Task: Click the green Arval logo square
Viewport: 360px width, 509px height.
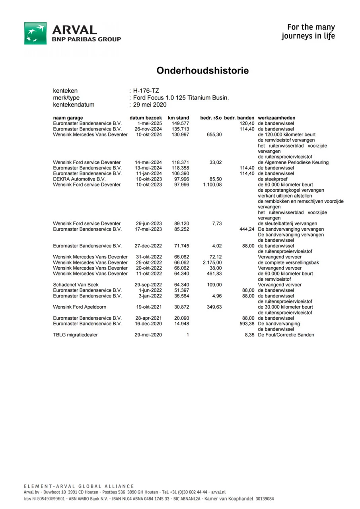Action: (35, 33)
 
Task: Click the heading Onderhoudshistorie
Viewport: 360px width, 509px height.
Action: (202, 71)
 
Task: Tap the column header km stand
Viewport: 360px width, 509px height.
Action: (178, 118)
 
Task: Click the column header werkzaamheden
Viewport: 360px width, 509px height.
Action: (276, 118)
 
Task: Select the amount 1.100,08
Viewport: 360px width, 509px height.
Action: (212, 185)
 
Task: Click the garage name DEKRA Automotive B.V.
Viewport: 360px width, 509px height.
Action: (79, 179)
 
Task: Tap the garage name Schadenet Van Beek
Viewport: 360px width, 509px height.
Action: (76, 285)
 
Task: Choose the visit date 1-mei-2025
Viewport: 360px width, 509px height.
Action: (150, 123)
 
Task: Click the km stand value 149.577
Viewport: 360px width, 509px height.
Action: (180, 123)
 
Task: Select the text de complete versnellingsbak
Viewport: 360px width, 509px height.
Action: (288, 262)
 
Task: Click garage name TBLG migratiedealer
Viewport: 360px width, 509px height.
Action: (75, 335)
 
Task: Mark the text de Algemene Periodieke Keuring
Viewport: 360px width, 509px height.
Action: (293, 162)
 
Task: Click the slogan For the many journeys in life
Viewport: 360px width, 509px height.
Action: (308, 32)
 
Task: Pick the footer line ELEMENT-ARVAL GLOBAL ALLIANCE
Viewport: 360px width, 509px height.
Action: (79, 486)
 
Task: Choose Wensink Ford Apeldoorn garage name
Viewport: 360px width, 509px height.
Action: (80, 307)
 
